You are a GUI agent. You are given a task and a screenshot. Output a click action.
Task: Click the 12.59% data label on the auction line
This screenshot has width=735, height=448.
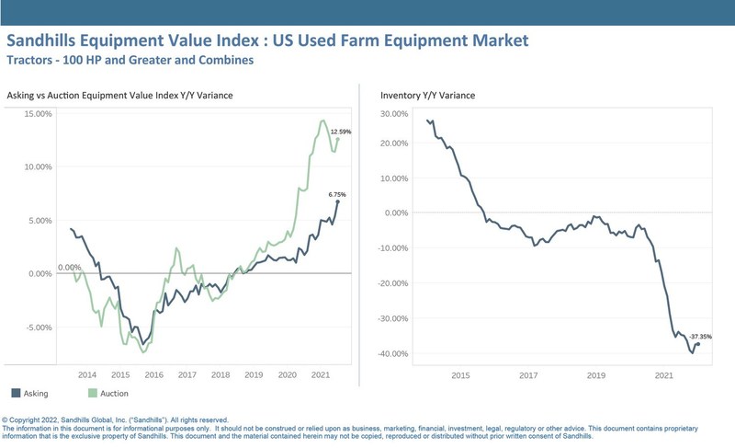point(341,132)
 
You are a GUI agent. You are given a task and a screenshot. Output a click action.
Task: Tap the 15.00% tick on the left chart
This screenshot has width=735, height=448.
point(39,114)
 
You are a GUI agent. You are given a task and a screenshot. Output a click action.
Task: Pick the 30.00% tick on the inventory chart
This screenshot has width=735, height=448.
point(392,115)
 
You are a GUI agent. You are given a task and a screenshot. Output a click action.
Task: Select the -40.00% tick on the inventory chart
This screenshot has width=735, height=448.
point(391,353)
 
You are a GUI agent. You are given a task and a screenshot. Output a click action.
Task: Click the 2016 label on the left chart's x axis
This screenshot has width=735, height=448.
point(153,375)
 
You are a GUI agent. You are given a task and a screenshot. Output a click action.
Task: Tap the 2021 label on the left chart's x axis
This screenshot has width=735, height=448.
point(321,375)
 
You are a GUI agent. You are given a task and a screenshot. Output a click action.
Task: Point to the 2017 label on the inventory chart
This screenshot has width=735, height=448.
point(528,375)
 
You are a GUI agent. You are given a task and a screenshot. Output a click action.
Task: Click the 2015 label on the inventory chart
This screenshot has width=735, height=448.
point(460,375)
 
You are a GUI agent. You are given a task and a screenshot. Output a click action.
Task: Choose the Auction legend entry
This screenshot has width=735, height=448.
point(114,394)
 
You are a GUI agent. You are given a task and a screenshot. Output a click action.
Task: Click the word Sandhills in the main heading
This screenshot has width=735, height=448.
point(51,41)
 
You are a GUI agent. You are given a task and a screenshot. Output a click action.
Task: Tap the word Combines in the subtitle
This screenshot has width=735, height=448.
point(223,61)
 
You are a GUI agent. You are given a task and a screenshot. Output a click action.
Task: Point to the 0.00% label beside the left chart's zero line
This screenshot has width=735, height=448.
point(70,268)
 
